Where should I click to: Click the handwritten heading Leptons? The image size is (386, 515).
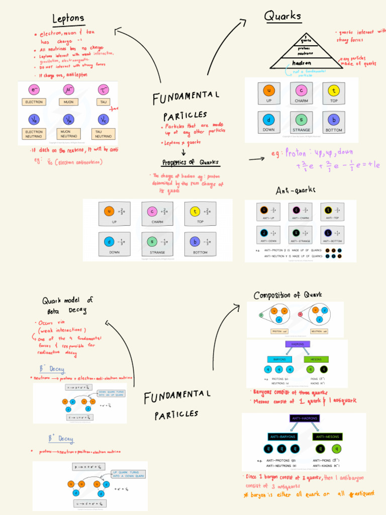coord(68,19)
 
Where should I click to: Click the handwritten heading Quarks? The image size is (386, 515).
coord(283,16)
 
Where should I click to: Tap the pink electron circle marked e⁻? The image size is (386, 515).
coord(35,90)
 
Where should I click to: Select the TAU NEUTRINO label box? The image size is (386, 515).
coord(104,134)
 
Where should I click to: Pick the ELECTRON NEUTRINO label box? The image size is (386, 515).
coord(34,134)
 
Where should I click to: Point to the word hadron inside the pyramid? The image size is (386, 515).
coord(303,63)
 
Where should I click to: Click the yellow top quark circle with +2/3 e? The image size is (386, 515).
coord(195,211)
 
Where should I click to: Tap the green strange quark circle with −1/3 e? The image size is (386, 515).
coord(152,241)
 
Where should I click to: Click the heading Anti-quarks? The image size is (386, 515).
coord(295,191)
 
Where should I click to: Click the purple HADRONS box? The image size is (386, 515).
coord(298,345)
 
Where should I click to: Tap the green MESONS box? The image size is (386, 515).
coord(317,359)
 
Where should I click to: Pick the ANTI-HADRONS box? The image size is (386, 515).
coord(305,418)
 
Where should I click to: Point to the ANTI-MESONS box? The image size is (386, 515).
coord(326,437)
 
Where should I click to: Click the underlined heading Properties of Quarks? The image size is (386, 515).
coord(190,162)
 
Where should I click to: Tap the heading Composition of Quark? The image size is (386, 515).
coord(287,295)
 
